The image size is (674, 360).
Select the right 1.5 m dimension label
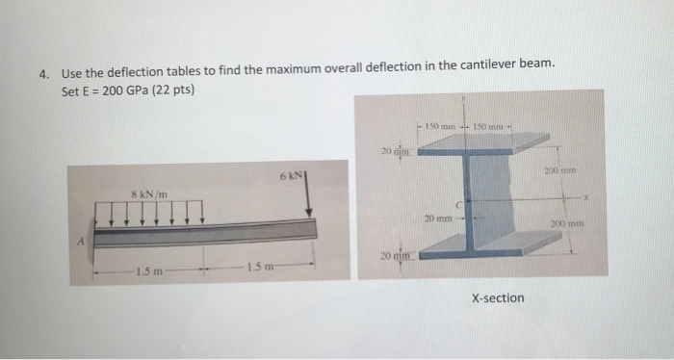click(260, 266)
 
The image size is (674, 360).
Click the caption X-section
click(499, 297)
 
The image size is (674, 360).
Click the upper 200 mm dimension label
click(578, 169)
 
